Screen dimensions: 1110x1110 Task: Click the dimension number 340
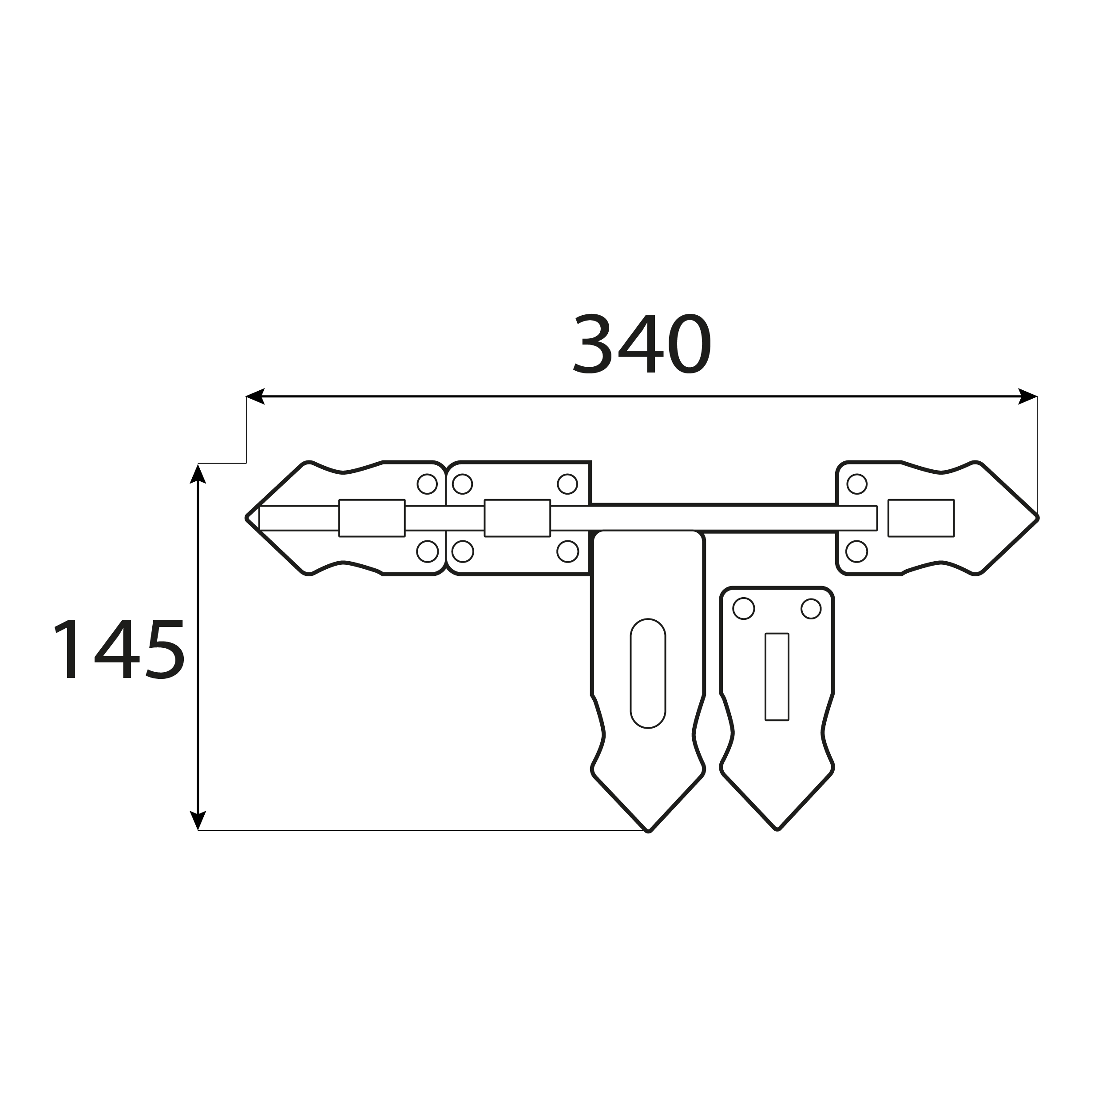(642, 343)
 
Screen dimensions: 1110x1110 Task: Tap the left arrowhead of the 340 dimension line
(255, 396)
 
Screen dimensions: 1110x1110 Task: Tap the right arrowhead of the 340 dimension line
(1028, 396)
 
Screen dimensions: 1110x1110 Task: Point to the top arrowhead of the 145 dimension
(198, 474)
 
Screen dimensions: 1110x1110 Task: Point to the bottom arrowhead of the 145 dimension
(198, 820)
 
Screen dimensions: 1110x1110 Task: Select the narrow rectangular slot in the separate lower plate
(777, 677)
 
